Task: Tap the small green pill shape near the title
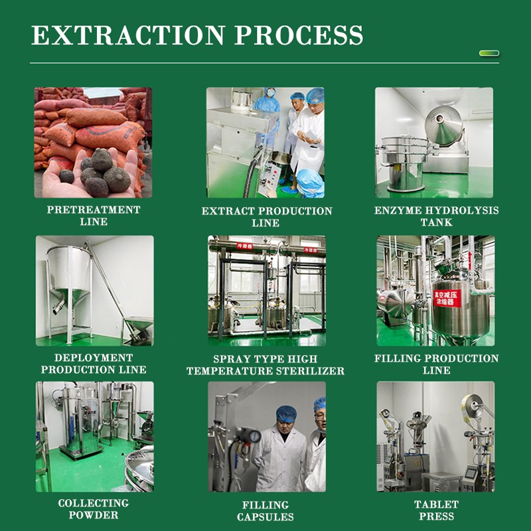coord(489,53)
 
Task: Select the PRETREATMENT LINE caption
coord(94,216)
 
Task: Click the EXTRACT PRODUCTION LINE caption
coord(267,217)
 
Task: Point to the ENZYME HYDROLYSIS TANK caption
coord(436,216)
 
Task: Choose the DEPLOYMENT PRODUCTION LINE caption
coord(94,364)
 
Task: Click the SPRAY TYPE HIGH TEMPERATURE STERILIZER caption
coord(265,365)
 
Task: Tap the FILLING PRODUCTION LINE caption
coord(436,364)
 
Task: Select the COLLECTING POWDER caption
coord(93,509)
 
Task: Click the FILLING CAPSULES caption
coord(265,510)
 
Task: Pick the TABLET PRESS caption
coord(436,510)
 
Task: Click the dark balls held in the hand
coord(100,169)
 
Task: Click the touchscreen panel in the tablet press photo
coord(469,473)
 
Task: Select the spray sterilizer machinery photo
coord(266,290)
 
